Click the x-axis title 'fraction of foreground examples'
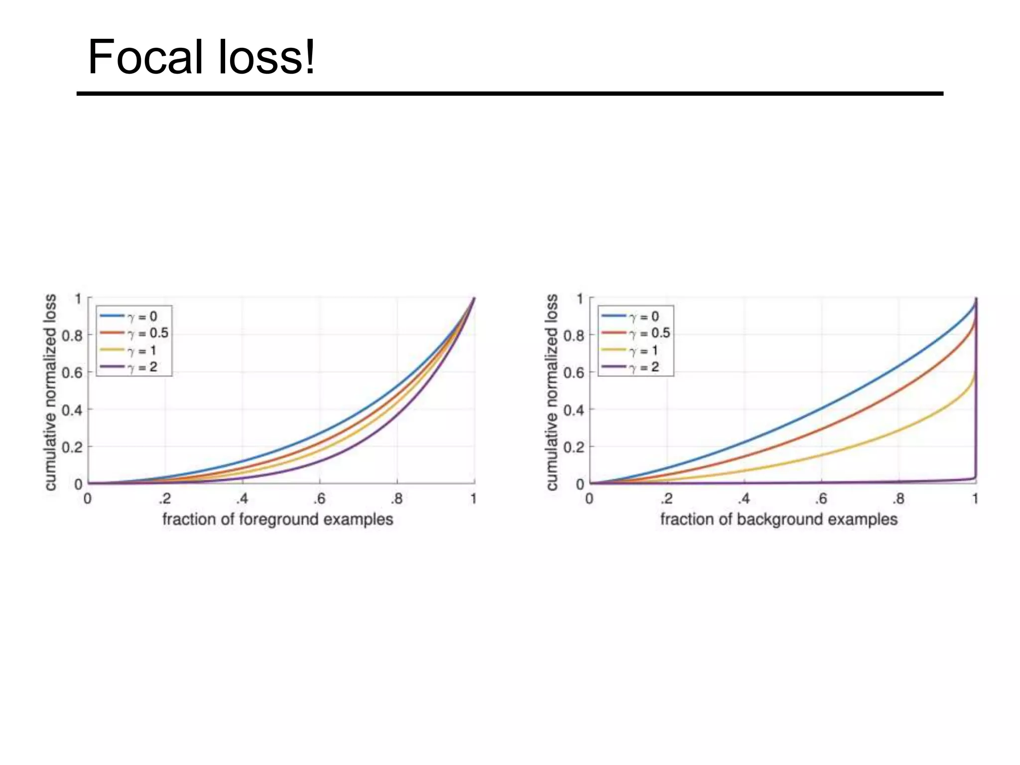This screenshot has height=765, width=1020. [277, 519]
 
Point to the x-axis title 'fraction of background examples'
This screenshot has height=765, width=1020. [779, 519]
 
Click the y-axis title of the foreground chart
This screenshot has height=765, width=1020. [50, 392]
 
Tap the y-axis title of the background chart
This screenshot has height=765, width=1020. [552, 392]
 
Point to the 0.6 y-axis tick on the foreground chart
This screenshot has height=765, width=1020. [72, 373]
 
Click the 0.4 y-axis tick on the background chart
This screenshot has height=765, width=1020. [574, 410]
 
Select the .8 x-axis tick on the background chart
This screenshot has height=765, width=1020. [897, 499]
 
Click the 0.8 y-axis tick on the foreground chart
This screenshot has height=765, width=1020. [72, 336]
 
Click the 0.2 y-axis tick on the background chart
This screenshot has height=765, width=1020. [574, 447]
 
